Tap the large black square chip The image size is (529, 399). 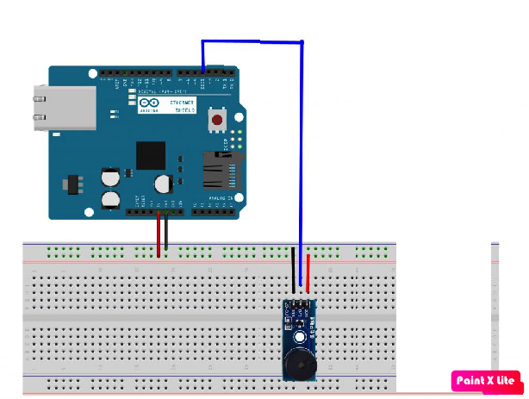click(150, 156)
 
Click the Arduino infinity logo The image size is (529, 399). click(145, 104)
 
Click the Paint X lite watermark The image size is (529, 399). click(484, 380)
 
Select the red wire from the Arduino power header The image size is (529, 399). click(158, 233)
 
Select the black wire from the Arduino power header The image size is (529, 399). click(166, 233)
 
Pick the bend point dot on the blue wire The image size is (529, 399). click(302, 41)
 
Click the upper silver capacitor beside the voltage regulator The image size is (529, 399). click(110, 178)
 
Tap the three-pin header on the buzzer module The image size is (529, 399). click(299, 304)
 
